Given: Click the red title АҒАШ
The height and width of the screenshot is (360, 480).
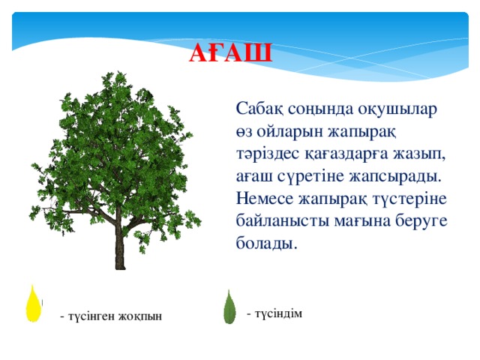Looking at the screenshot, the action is point(230,53).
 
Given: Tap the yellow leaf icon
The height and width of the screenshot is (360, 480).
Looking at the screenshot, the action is point(33,303).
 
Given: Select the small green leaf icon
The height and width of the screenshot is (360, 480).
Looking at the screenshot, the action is point(229,307).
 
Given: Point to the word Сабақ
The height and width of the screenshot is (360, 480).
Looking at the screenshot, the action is point(259,108).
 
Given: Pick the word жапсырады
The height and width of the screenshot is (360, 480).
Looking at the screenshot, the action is point(396,177).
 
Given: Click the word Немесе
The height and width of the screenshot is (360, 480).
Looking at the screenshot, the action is point(265,199).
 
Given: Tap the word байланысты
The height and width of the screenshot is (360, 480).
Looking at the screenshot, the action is point(282,221).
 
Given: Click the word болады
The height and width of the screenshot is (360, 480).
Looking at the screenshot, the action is point(267,244).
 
